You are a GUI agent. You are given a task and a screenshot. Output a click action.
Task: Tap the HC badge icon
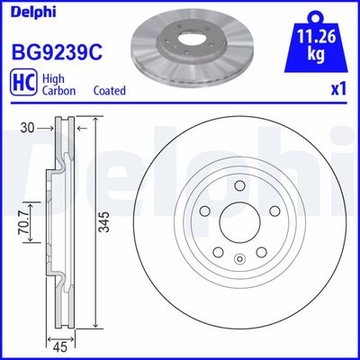click(x=22, y=85)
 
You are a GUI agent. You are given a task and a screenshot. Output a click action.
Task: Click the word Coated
click(x=109, y=91)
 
